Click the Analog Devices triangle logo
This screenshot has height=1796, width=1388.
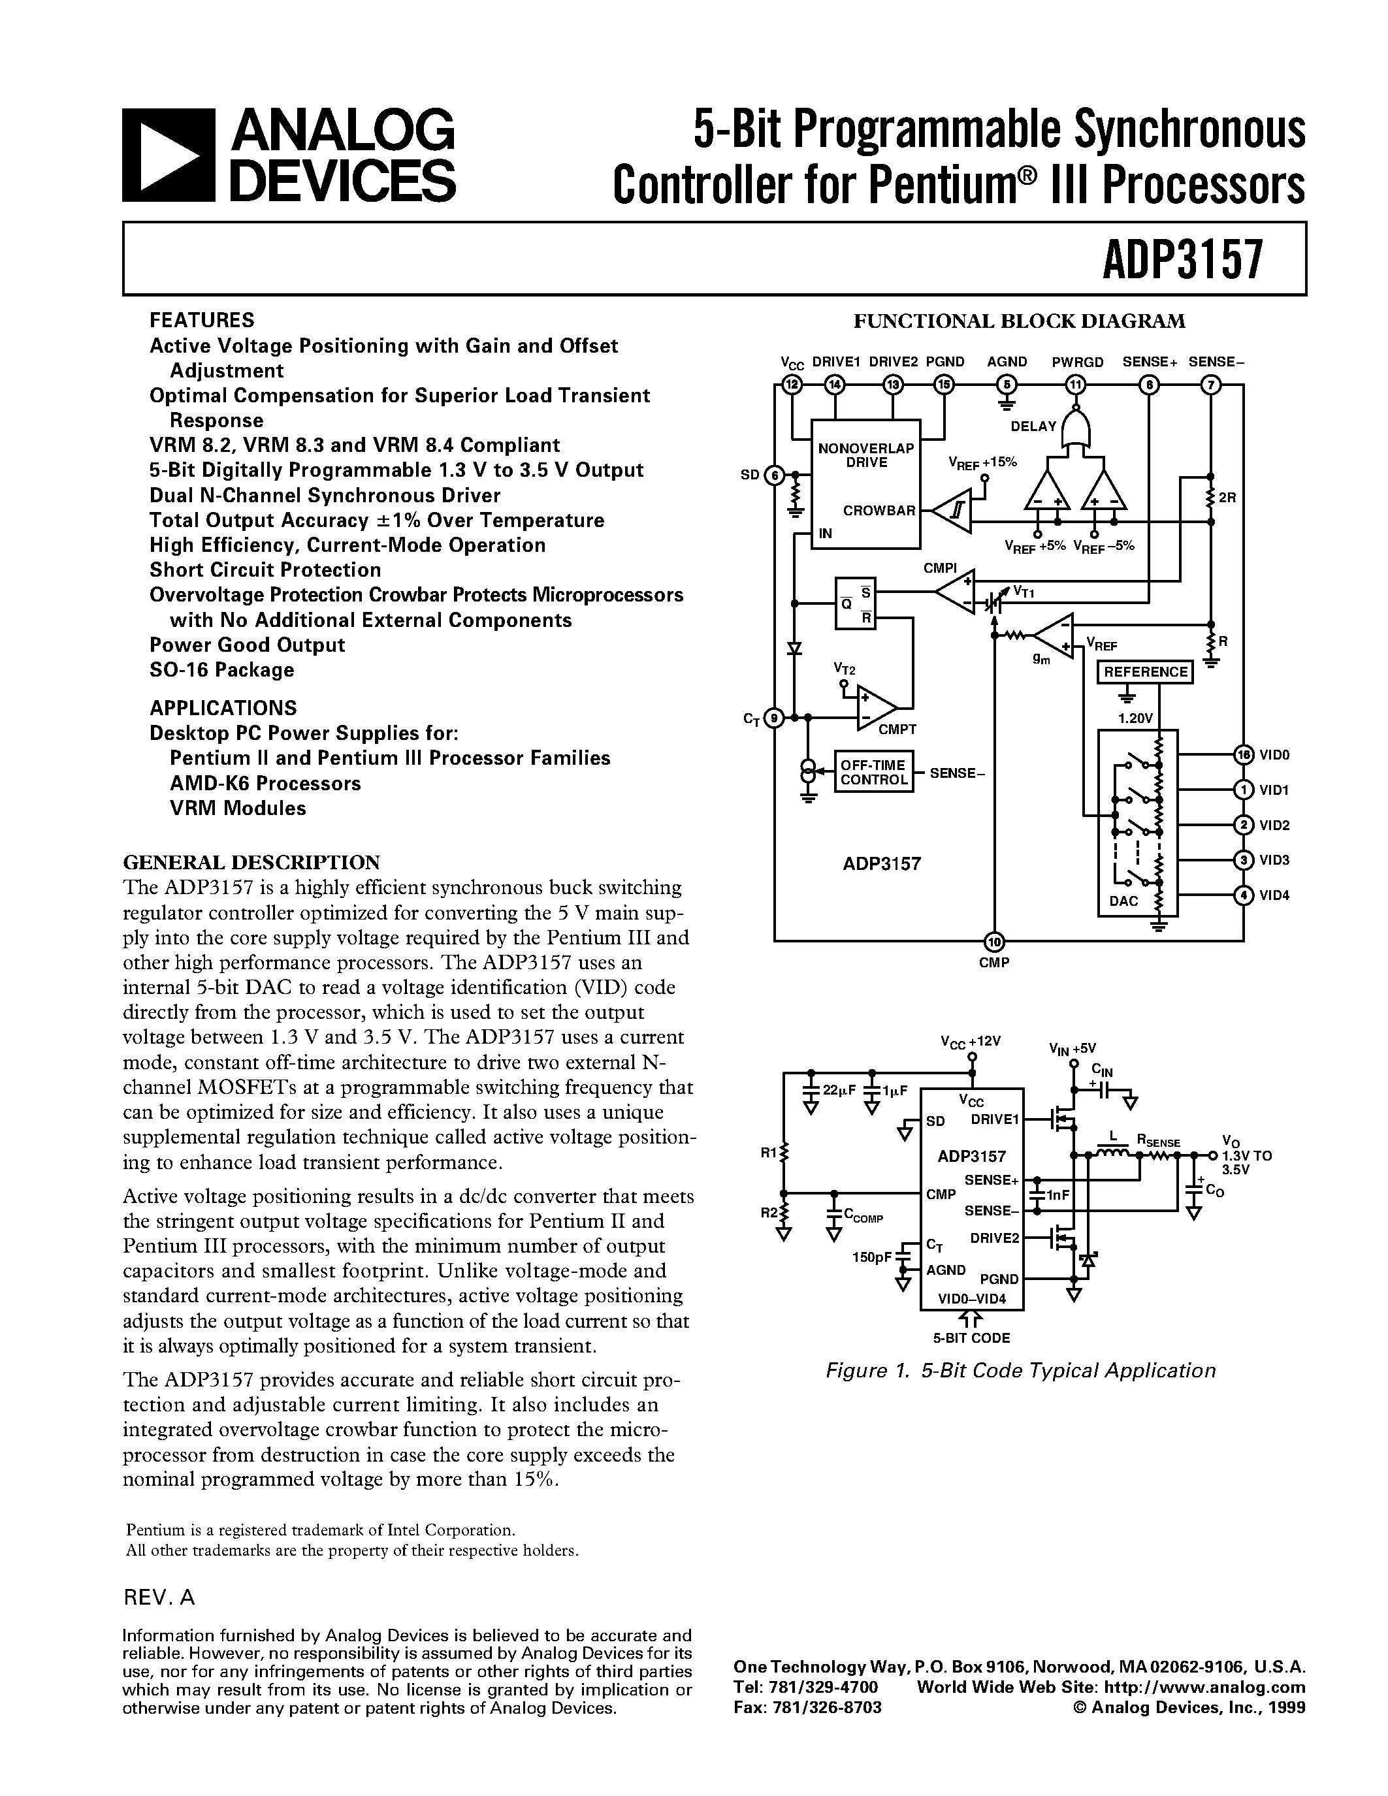point(169,155)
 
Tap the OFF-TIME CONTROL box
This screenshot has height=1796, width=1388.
point(873,772)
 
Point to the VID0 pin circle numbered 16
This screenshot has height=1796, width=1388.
point(1243,755)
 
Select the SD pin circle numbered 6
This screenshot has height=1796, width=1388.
point(775,475)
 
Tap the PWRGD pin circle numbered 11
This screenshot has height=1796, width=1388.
point(1074,383)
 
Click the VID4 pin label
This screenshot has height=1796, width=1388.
point(1274,895)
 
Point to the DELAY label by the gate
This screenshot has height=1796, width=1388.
point(1033,426)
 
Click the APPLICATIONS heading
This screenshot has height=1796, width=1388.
point(223,708)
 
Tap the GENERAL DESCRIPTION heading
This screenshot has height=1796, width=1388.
point(251,862)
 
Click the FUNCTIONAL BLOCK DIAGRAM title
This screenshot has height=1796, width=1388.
point(1020,321)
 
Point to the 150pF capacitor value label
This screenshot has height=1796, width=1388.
point(871,1257)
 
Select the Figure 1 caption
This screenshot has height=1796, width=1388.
point(1020,1370)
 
